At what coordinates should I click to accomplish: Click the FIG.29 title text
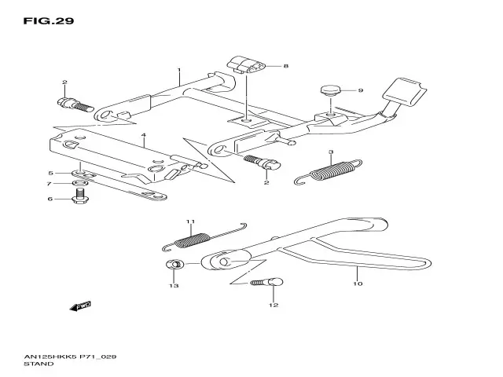(x=49, y=21)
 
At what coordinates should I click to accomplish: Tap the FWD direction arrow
(x=80, y=306)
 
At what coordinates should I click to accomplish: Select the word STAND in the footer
(x=39, y=364)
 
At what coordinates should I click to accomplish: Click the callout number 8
(x=285, y=66)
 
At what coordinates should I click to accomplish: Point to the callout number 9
(x=361, y=90)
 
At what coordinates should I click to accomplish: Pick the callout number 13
(x=174, y=286)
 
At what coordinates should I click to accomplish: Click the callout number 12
(x=274, y=305)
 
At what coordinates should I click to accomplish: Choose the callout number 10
(x=358, y=284)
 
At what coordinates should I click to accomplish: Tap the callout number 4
(x=143, y=135)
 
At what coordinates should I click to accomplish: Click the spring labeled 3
(x=329, y=172)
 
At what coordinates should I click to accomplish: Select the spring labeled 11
(x=204, y=237)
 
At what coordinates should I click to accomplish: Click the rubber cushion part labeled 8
(x=246, y=64)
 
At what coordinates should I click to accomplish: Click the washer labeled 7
(x=80, y=183)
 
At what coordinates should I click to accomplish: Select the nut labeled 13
(x=174, y=265)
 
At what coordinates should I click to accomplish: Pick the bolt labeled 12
(x=267, y=283)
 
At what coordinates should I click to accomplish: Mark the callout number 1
(x=179, y=70)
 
